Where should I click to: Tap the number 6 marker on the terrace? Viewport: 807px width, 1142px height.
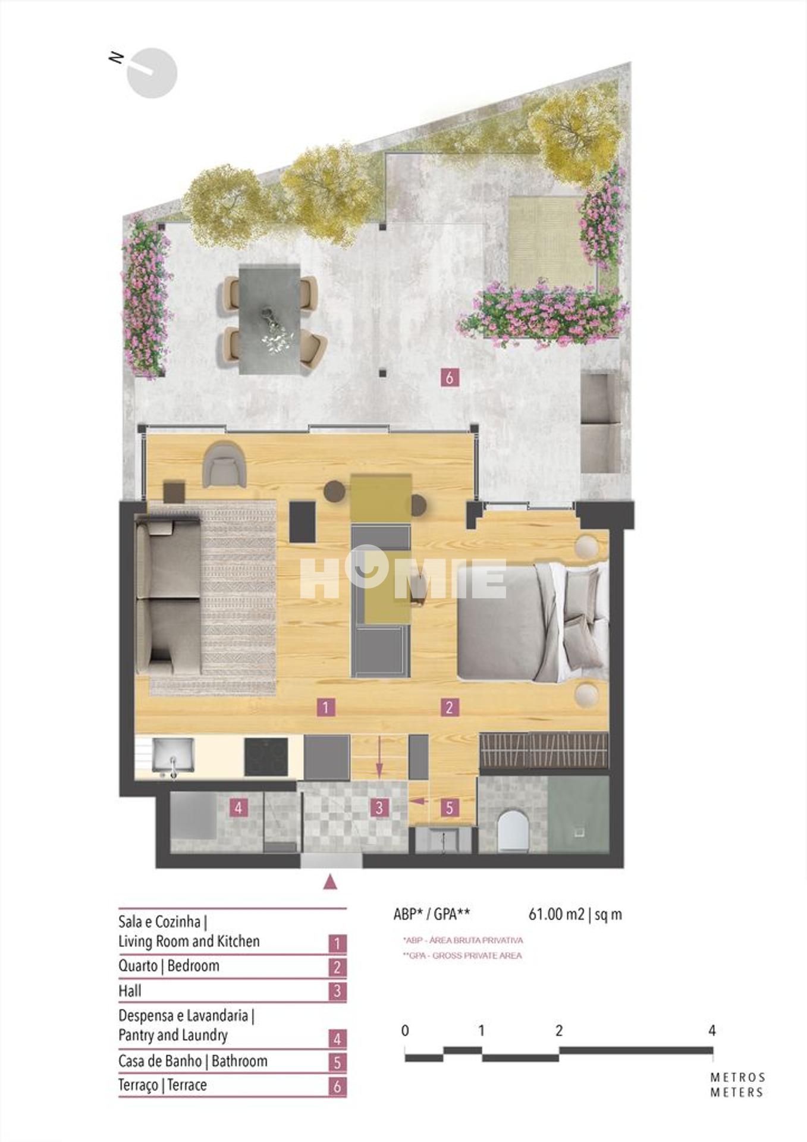[450, 377]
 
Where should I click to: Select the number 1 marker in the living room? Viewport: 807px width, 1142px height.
[325, 707]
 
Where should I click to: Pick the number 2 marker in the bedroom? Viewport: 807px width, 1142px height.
[449, 707]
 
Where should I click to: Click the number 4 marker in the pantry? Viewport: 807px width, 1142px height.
[238, 808]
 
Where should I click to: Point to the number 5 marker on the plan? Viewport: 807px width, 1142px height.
[450, 808]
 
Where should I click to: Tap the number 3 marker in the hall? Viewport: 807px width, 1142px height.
[379, 808]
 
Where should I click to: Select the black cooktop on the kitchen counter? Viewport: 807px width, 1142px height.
[266, 757]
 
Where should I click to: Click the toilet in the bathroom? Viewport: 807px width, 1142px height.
[513, 830]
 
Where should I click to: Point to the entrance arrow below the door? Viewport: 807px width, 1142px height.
[331, 882]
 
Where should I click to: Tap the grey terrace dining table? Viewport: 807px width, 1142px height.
[270, 319]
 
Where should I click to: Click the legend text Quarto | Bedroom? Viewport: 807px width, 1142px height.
[169, 966]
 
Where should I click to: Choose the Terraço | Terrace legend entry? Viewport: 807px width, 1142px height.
[162, 1085]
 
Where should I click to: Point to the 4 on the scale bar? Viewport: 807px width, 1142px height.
[712, 1031]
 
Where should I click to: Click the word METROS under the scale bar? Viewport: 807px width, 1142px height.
[737, 1077]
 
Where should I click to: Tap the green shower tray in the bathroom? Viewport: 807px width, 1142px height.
[578, 814]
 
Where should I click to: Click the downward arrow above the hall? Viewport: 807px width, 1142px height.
[379, 757]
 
